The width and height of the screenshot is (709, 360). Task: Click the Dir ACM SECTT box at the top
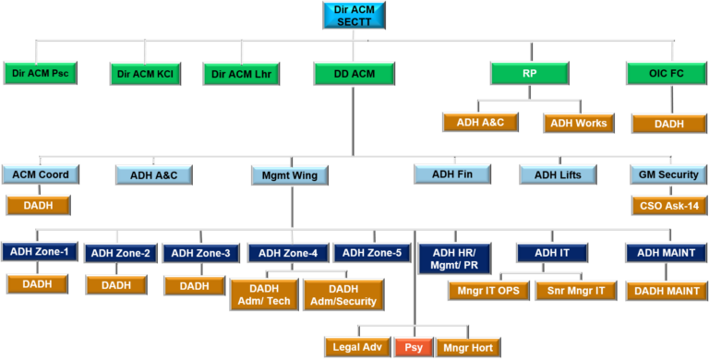pyautogui.click(x=354, y=15)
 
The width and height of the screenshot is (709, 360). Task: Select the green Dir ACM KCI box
pyautogui.click(x=145, y=74)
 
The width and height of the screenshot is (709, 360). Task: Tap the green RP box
pyautogui.click(x=529, y=74)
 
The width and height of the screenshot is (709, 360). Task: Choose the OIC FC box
pyautogui.click(x=665, y=74)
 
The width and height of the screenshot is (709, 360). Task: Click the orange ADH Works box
pyautogui.click(x=578, y=123)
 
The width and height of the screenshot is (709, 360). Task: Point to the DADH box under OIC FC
pyautogui.click(x=665, y=123)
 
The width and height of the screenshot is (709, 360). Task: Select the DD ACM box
pyautogui.click(x=354, y=74)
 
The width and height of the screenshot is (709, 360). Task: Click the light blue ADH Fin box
pyautogui.click(x=451, y=173)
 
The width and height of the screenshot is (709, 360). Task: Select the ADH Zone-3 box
pyautogui.click(x=201, y=253)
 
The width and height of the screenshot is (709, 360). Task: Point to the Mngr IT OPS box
pyautogui.click(x=487, y=291)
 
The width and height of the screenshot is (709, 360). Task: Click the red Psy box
pyautogui.click(x=412, y=348)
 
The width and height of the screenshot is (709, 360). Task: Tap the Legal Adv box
pyautogui.click(x=357, y=348)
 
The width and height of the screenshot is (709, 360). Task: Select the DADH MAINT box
pyautogui.click(x=666, y=291)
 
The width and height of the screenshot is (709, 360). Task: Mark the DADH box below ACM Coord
pyautogui.click(x=37, y=205)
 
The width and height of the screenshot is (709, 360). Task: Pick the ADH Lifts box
pyautogui.click(x=558, y=174)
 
